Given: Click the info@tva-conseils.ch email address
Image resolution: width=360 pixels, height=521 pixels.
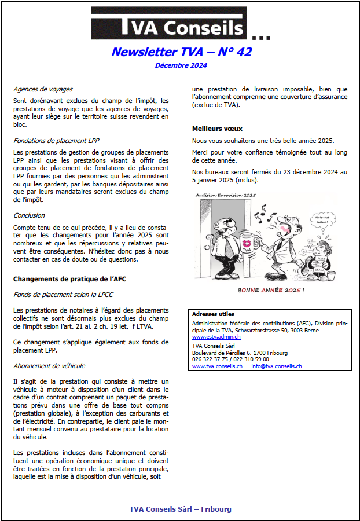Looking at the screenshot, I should [277, 366].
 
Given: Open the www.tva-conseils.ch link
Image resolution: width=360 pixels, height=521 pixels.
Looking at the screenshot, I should [217, 366].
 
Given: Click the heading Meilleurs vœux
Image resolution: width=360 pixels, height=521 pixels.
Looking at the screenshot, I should [217, 129].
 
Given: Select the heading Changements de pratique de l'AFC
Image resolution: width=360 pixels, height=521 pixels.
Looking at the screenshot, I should [70, 280].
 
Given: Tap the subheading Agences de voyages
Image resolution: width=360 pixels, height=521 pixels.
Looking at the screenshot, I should [43, 89].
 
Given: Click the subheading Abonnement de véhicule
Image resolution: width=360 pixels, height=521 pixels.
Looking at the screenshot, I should [49, 366].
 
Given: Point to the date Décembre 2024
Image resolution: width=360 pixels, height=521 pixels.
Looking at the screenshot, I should [181, 65].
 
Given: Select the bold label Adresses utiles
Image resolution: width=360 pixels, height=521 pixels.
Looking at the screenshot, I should [213, 314].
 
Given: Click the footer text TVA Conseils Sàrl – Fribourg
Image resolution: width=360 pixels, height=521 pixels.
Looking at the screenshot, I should [180, 509].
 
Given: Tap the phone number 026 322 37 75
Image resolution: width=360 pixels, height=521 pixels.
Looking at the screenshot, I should [211, 359].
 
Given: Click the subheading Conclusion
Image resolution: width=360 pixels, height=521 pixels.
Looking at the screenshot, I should [29, 215].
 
